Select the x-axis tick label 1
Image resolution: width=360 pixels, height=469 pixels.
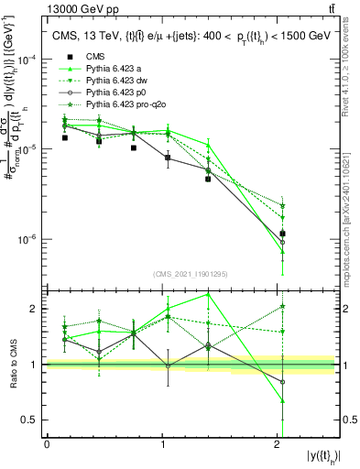163,443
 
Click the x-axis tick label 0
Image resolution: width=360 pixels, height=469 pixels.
47,443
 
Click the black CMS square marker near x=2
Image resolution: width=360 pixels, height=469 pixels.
282,234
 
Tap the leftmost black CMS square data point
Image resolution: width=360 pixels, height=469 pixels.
64,137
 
